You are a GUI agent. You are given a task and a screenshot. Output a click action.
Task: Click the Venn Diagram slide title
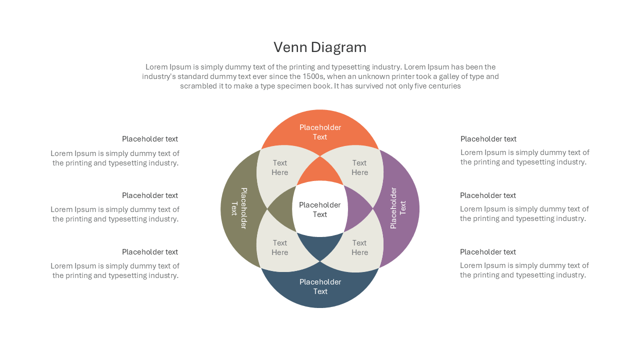[x=320, y=47]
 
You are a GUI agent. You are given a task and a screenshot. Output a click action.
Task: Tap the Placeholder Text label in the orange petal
[x=320, y=132]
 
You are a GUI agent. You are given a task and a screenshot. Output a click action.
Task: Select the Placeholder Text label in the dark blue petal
[x=320, y=286]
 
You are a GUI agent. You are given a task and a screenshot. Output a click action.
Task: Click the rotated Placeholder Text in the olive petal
[x=239, y=208]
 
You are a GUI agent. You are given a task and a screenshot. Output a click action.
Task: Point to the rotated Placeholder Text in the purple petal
[x=398, y=208]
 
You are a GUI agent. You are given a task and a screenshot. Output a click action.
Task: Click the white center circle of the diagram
[x=320, y=209]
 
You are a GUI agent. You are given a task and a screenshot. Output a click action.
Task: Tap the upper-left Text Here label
[x=279, y=167]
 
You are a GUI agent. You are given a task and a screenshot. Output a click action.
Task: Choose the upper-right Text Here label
[x=359, y=167]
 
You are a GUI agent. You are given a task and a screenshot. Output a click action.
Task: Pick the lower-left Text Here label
[x=279, y=247]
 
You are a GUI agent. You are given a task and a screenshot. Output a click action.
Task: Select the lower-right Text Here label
[x=359, y=247]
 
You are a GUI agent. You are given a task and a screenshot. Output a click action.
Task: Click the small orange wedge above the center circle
[x=320, y=172]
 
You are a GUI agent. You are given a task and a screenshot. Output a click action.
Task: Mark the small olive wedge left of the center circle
[x=283, y=209]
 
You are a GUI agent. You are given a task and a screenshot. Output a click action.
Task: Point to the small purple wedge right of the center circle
[x=357, y=209]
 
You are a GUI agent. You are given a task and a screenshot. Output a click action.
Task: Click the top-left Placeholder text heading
[x=150, y=139]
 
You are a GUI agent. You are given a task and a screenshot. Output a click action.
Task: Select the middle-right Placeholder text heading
[x=488, y=195]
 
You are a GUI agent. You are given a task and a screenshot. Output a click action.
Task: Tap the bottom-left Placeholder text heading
[x=150, y=252]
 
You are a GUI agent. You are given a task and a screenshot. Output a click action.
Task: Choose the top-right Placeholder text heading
[x=488, y=139]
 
